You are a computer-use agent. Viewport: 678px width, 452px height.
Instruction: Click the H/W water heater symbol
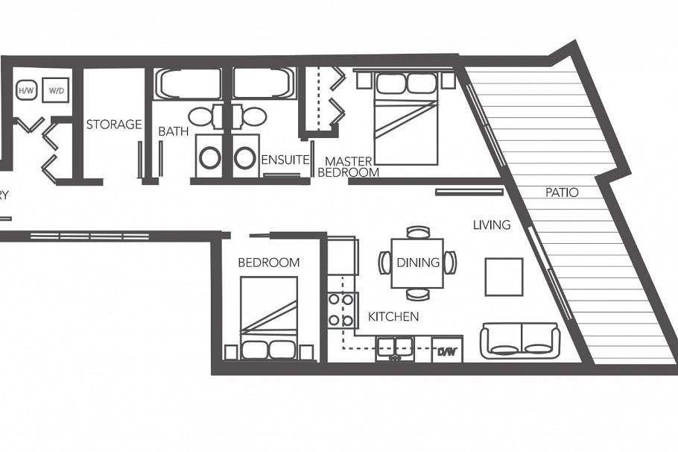click(26, 90)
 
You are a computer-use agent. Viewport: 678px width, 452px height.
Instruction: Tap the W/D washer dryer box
click(56, 90)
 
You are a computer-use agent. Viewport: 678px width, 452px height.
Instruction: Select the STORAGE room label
click(113, 125)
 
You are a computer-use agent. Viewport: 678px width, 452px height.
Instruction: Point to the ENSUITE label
click(285, 160)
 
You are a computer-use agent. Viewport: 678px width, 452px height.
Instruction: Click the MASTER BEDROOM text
click(348, 166)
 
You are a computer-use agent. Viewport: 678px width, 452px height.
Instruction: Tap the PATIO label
click(561, 192)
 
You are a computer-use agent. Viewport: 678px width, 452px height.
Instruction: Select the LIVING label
click(492, 225)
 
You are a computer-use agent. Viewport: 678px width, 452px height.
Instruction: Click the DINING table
click(417, 263)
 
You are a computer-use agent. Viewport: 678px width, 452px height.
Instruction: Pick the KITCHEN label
click(393, 317)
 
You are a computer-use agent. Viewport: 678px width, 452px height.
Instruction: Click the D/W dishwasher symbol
click(447, 350)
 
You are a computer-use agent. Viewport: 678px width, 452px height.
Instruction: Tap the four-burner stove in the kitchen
click(341, 310)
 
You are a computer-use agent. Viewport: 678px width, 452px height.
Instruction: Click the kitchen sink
click(395, 348)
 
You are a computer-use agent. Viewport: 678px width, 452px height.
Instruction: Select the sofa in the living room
click(520, 340)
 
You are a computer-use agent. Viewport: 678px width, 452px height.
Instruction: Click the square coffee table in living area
click(504, 276)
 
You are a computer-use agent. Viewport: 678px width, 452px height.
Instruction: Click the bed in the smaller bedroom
click(269, 318)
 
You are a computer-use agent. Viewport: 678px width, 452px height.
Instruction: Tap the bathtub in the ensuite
click(264, 84)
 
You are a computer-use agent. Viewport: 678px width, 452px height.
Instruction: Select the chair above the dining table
click(418, 232)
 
